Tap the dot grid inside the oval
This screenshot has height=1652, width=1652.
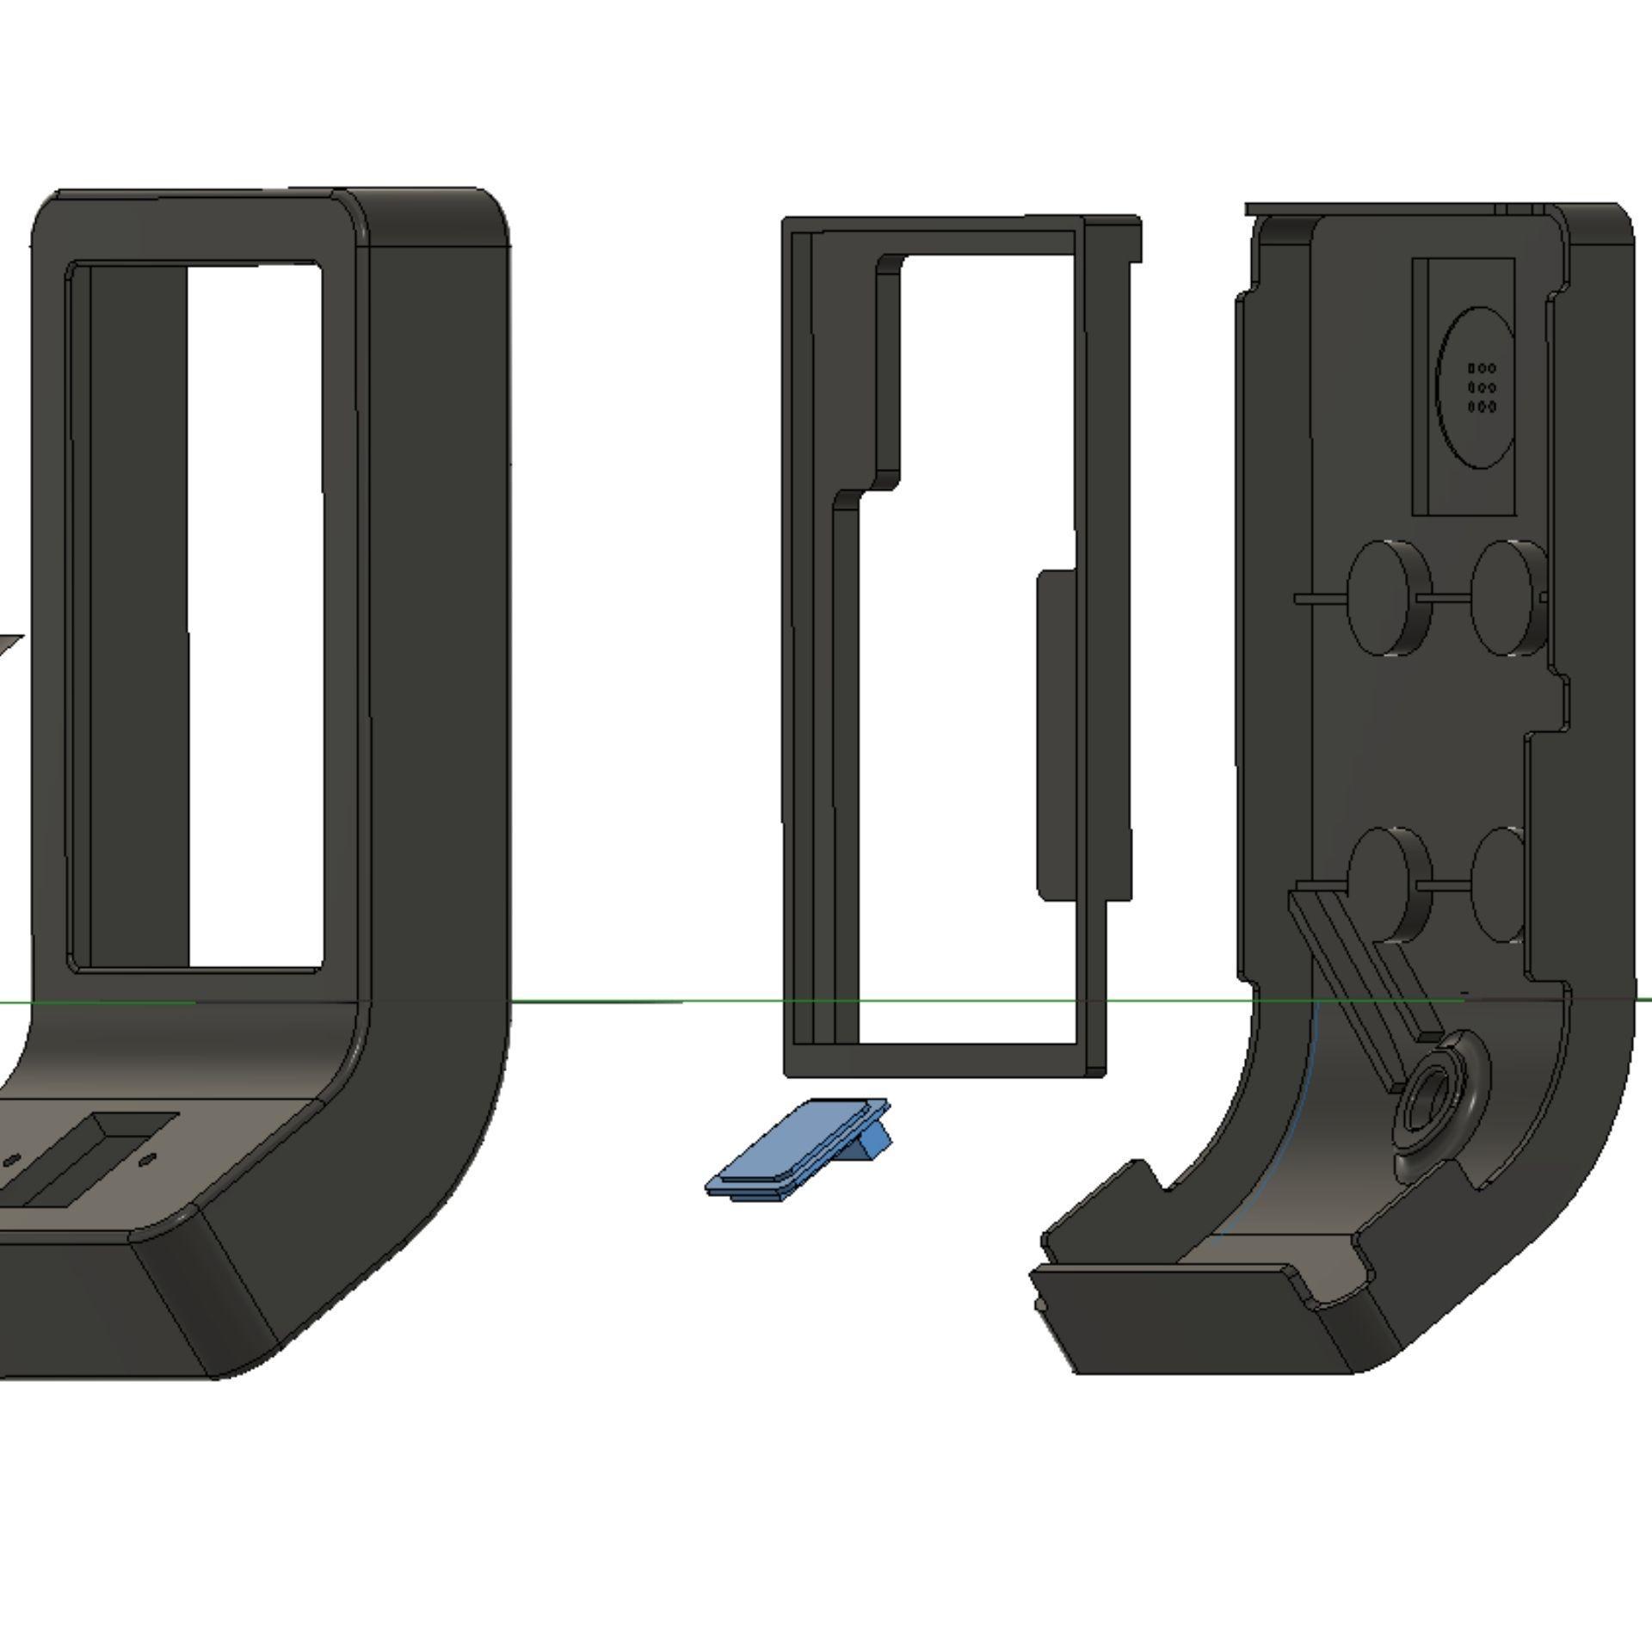click(x=1481, y=387)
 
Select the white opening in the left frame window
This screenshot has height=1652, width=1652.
click(x=255, y=615)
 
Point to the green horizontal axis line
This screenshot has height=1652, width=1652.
click(x=645, y=1002)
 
